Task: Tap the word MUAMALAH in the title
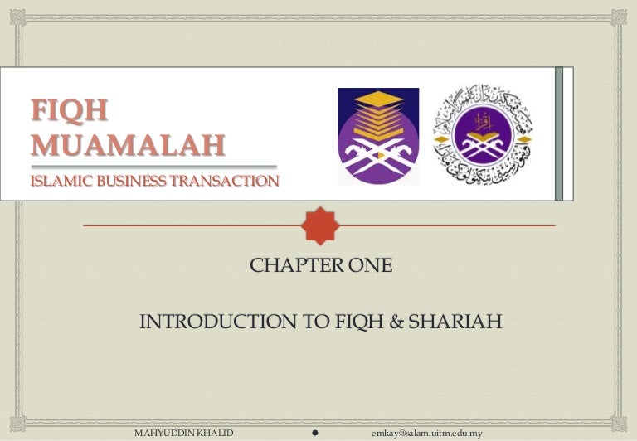(x=128, y=144)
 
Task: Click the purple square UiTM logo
(x=378, y=136)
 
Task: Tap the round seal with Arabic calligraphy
(x=484, y=134)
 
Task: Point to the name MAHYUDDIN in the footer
(x=160, y=433)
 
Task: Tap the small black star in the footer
(x=316, y=433)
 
